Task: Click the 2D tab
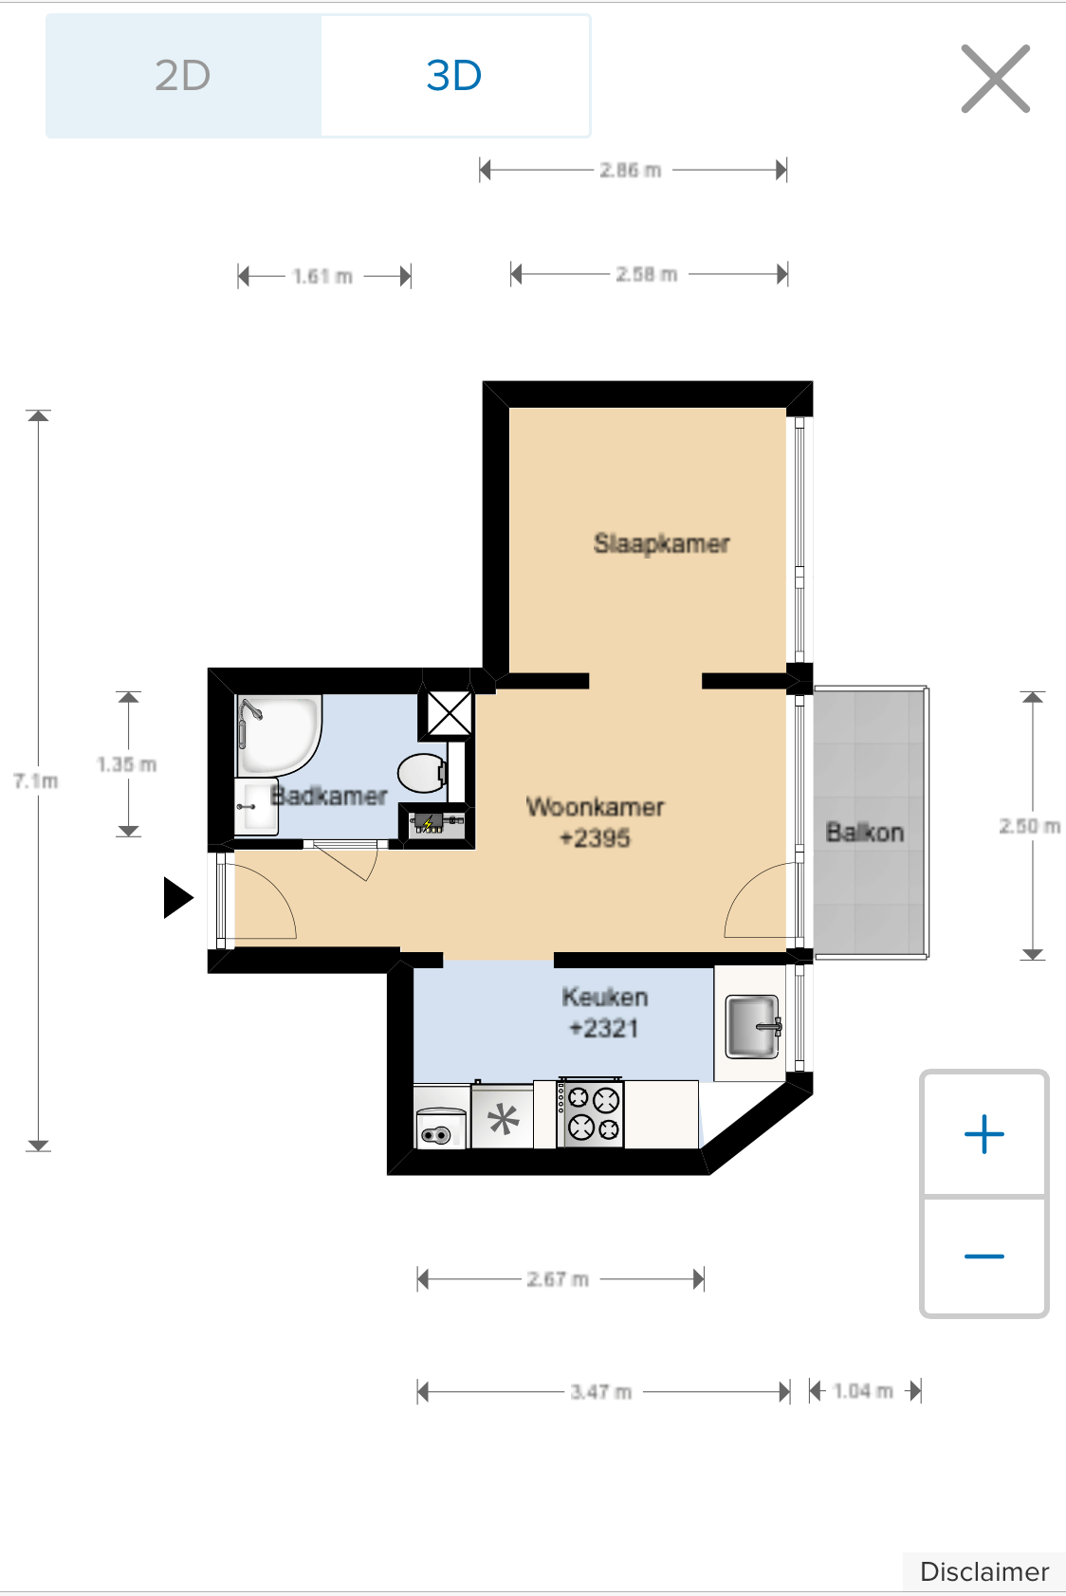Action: point(183,76)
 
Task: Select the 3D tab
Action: point(455,76)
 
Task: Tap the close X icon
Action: point(996,79)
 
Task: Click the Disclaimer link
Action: point(984,1571)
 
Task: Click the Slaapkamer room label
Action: point(662,543)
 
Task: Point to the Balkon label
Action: point(864,833)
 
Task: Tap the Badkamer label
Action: point(329,795)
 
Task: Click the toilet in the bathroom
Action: point(423,773)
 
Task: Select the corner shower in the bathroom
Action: point(279,735)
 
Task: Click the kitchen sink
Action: point(752,1027)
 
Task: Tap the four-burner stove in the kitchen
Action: point(591,1113)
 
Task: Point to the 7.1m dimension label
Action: point(36,780)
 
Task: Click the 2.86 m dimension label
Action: point(631,171)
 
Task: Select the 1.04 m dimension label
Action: point(863,1391)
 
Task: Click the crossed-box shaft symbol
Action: point(450,713)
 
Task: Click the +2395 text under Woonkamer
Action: point(595,838)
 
